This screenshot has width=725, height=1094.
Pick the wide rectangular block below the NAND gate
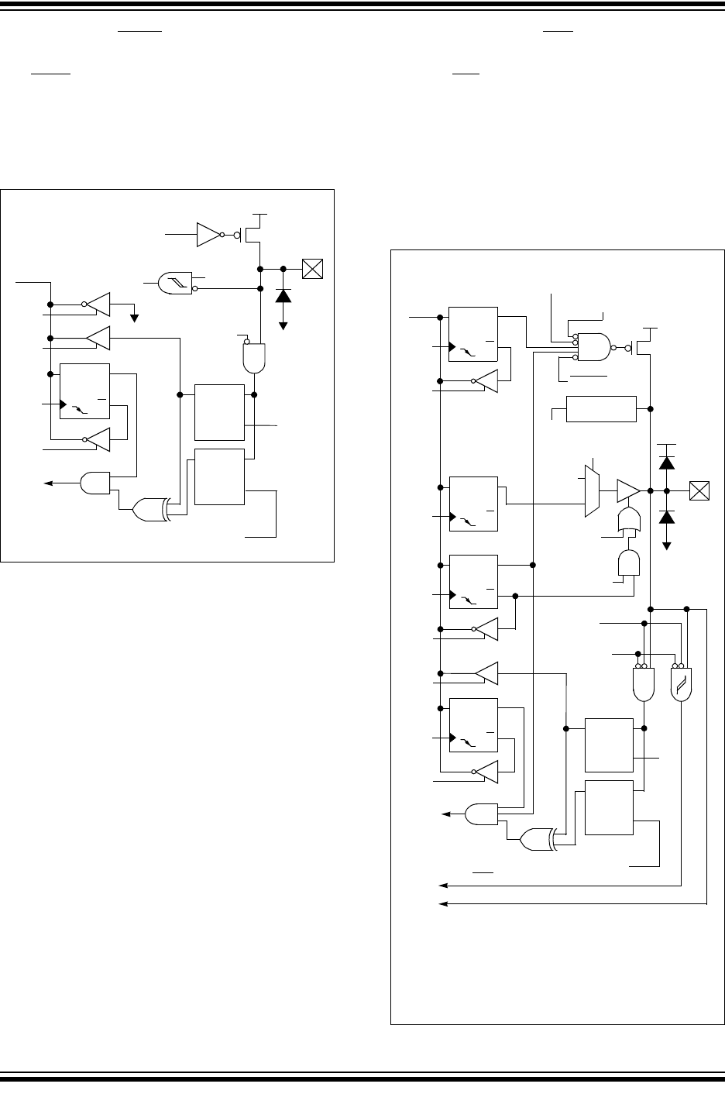[601, 408]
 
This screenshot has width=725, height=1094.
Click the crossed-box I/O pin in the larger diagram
[699, 490]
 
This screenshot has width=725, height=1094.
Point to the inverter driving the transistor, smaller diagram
[209, 233]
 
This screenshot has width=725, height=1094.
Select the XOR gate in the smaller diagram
[152, 509]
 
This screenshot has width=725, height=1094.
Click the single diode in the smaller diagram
[283, 294]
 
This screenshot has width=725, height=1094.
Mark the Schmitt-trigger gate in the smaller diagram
[174, 284]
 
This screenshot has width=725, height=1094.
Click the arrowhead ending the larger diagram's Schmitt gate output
[442, 884]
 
